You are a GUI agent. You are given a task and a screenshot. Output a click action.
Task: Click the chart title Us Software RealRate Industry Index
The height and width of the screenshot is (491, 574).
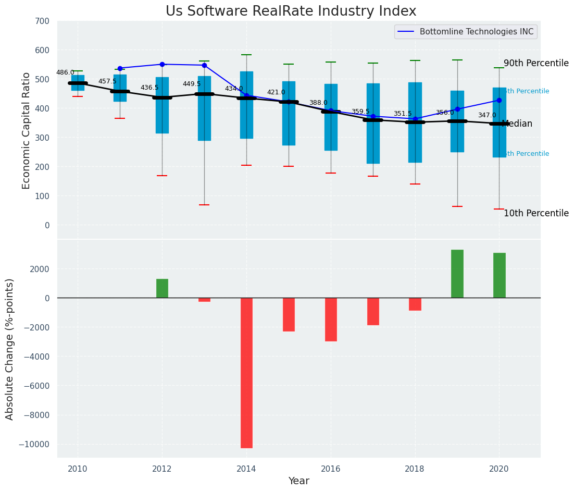(291, 11)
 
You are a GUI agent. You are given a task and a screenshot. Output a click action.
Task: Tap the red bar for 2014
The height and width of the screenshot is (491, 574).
(246, 373)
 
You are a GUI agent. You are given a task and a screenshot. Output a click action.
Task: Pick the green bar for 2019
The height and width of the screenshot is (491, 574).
(457, 274)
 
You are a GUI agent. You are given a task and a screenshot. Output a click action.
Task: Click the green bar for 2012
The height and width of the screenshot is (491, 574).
(162, 288)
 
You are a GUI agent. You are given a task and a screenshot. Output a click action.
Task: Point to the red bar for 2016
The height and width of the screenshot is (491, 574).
(331, 320)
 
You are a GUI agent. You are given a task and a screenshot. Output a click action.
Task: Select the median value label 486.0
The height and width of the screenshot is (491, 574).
(65, 73)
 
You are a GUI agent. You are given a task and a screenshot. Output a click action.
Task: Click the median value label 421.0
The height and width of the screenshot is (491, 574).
(276, 93)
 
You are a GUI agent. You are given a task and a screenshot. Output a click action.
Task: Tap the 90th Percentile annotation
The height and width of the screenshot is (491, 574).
(536, 63)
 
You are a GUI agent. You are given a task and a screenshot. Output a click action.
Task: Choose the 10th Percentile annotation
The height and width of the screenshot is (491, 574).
(536, 213)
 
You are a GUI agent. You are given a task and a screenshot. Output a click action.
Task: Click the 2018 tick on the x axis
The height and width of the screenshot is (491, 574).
(415, 469)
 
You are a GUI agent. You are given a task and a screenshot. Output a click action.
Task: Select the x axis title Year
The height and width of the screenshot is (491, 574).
(299, 481)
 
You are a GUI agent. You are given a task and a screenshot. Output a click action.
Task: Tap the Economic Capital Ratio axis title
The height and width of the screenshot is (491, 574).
(27, 130)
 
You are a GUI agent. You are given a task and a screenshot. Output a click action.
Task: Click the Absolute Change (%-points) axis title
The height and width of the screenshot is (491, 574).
(10, 349)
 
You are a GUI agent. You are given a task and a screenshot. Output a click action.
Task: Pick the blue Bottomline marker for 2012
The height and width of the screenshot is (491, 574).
(162, 65)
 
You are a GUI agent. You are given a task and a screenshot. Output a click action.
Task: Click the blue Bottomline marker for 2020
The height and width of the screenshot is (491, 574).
(499, 101)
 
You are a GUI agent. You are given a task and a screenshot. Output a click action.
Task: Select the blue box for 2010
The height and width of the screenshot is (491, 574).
(78, 83)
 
